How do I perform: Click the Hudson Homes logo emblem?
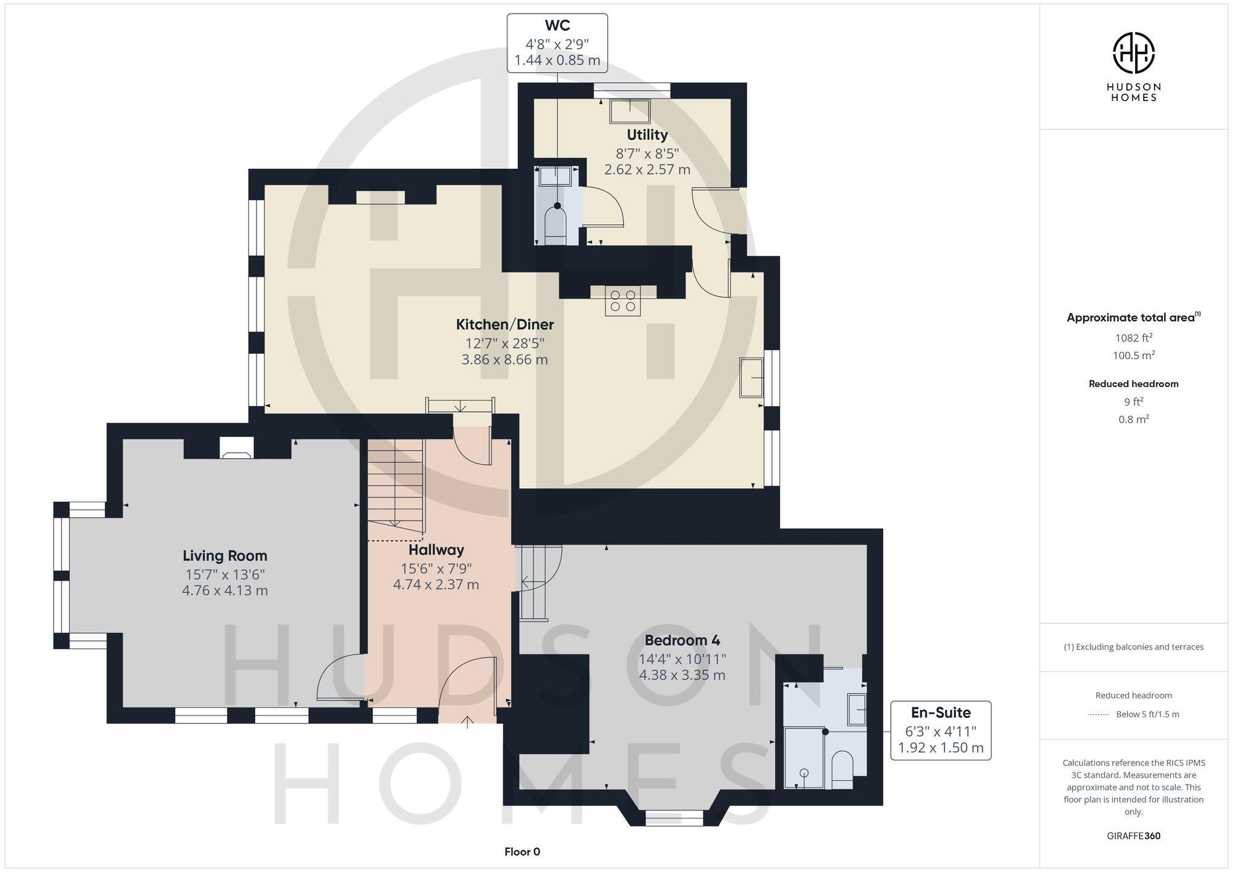point(1133,53)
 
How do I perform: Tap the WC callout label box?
point(557,43)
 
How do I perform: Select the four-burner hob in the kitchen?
point(622,301)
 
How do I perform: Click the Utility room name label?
point(647,134)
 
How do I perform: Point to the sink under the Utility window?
point(630,112)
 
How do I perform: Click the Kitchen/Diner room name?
point(504,324)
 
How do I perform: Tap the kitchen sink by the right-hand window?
point(752,377)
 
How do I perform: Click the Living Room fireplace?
point(237,449)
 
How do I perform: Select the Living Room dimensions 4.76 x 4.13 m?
point(224,590)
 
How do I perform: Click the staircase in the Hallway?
point(396,484)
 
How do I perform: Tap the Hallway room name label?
point(436,550)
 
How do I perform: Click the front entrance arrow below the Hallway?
point(467,721)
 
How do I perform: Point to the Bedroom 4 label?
point(682,640)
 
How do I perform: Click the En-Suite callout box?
point(940,730)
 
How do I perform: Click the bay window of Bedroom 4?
point(674,817)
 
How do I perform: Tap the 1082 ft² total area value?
point(1133,338)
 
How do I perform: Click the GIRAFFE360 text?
point(1133,836)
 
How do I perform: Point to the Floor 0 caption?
point(522,852)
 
